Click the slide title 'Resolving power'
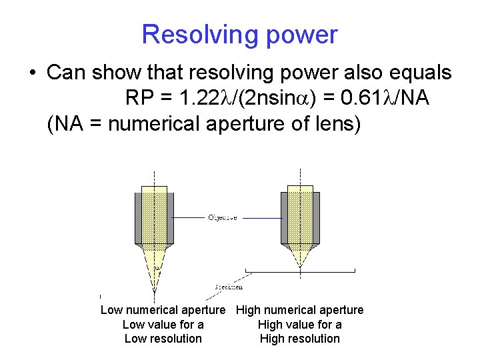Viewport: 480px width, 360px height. click(239, 35)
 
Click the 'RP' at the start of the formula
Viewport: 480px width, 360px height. click(141, 99)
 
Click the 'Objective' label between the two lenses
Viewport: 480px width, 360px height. click(223, 217)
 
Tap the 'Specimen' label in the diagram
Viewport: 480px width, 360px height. click(229, 287)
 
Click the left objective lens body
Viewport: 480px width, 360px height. click(155, 217)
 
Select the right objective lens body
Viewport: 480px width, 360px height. click(300, 217)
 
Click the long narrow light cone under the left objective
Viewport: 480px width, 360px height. click(155, 267)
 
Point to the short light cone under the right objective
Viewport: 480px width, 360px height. click(300, 253)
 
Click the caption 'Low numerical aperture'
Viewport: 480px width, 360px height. click(163, 310)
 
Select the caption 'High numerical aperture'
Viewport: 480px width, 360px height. click(300, 310)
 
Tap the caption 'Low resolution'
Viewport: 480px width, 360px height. click(163, 339)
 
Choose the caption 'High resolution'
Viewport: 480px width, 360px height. click(300, 339)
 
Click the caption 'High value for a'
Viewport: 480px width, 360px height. click(300, 325)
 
